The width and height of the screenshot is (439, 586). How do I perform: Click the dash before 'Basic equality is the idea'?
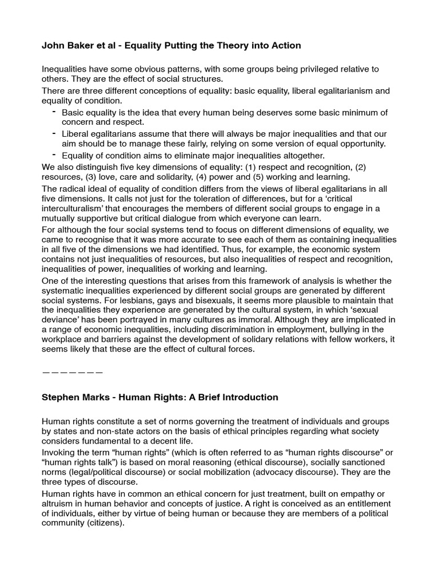(x=54, y=111)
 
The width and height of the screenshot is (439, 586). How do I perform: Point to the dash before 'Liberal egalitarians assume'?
(x=54, y=133)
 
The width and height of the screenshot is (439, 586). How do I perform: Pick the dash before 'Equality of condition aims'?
(x=54, y=155)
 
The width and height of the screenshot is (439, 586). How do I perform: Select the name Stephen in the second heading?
(x=59, y=397)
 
